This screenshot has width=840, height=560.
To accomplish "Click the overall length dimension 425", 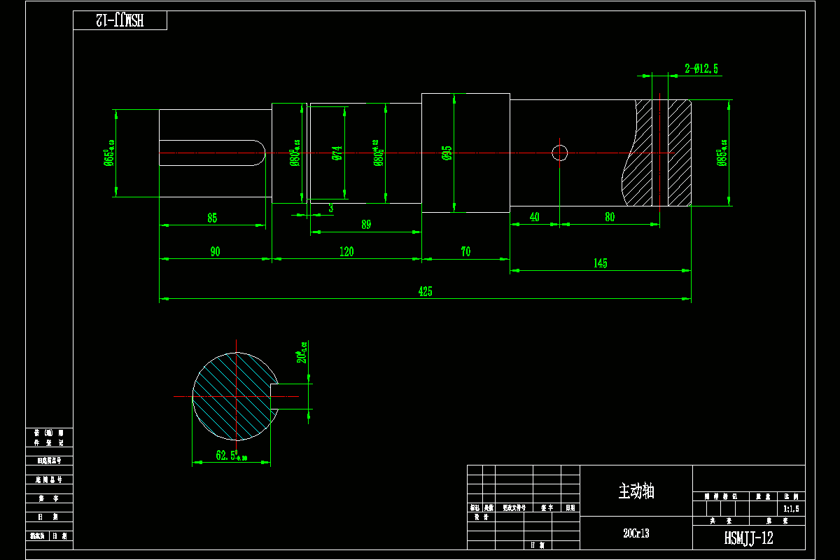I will [x=425, y=292].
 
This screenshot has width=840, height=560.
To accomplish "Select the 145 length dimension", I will [x=600, y=263].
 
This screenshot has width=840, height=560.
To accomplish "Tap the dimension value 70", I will [x=465, y=252].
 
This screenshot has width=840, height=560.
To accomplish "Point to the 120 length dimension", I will [x=346, y=252].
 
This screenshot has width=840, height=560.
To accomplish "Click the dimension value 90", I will [x=215, y=252].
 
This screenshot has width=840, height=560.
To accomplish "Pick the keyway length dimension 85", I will [x=212, y=218].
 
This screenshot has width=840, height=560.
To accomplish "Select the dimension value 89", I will [x=366, y=225].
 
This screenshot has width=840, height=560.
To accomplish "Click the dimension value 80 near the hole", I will [x=610, y=218].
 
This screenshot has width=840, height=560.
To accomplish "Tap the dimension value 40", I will [x=535, y=218].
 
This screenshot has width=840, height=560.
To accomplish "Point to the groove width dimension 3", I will [x=331, y=208].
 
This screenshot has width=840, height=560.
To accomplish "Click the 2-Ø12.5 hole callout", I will [x=701, y=69].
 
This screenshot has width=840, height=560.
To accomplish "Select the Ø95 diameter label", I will [x=447, y=153].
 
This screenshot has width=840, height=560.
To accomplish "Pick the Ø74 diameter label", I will [x=337, y=153].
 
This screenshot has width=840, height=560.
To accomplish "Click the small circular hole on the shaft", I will [x=560, y=153].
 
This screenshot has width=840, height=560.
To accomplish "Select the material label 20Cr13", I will [x=636, y=533].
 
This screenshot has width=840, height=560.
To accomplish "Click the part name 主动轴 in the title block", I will [x=636, y=491].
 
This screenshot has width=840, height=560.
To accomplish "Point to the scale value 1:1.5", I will [x=790, y=509].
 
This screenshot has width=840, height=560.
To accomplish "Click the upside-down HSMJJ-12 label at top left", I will [x=120, y=20].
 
